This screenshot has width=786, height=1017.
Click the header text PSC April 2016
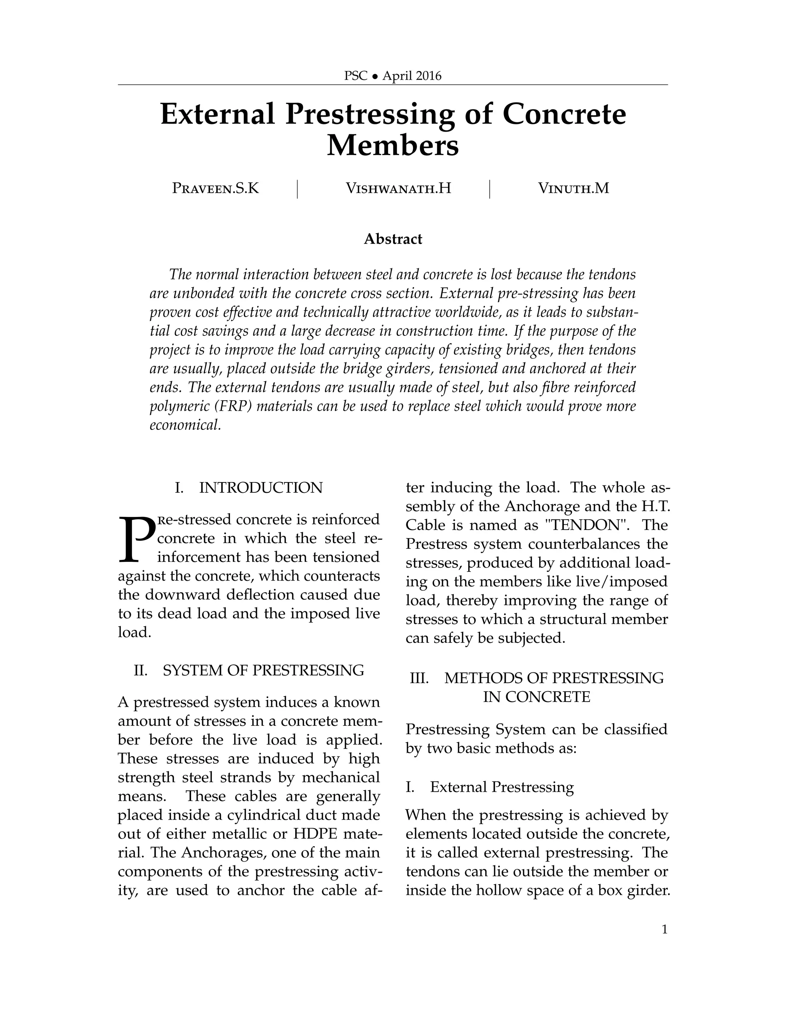pyautogui.click(x=393, y=76)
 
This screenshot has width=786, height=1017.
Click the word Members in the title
pyautogui.click(x=393, y=145)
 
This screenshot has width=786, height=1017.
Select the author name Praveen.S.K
pyautogui.click(x=215, y=188)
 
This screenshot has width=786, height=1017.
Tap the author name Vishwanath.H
pyautogui.click(x=398, y=188)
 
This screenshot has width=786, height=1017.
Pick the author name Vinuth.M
pyautogui.click(x=573, y=188)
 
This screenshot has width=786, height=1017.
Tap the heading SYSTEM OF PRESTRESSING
pyautogui.click(x=263, y=670)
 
